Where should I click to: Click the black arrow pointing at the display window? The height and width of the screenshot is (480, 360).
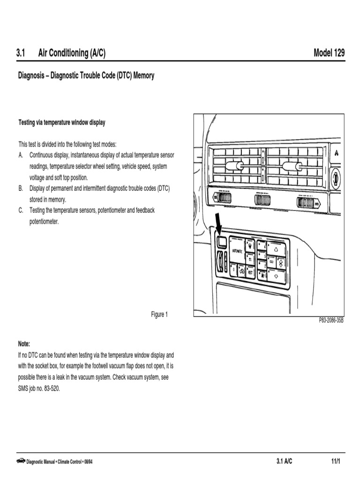217,222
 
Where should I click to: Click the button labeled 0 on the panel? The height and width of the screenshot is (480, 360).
233,270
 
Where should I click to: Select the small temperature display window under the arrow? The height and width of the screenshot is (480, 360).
222,242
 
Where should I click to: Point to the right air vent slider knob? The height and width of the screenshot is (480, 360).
291,165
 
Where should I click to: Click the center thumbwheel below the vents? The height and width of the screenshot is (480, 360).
262,201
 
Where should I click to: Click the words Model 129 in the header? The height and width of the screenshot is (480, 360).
329,53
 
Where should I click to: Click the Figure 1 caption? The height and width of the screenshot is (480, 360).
159,315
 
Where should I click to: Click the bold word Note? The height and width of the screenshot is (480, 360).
24,343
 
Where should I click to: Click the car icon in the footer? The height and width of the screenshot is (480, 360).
21,462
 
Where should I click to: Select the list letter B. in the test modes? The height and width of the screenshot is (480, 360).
21,188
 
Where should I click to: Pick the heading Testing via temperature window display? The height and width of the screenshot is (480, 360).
61,122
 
